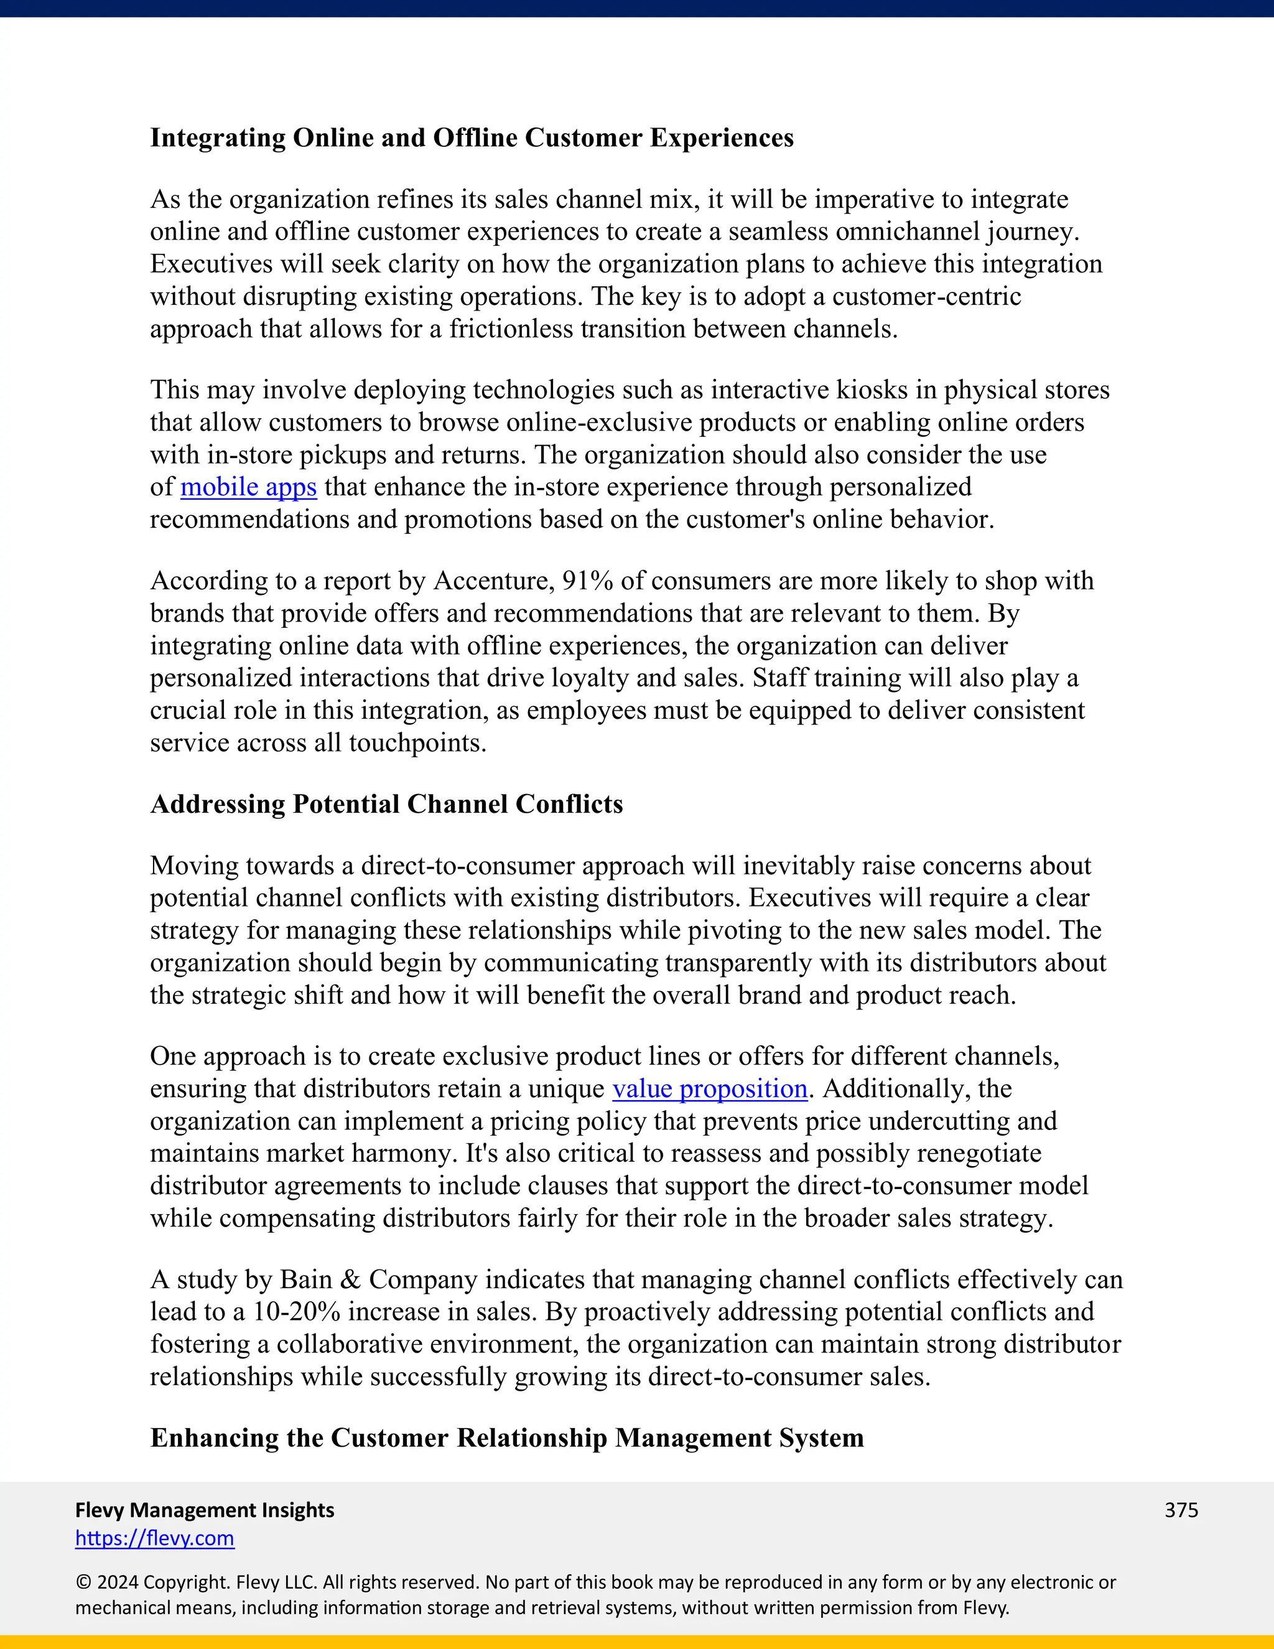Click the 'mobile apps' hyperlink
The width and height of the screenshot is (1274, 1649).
coord(248,487)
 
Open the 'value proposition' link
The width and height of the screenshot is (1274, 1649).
coord(709,1089)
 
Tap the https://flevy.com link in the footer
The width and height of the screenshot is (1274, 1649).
coord(155,1538)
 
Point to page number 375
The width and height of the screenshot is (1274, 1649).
coord(1181,1510)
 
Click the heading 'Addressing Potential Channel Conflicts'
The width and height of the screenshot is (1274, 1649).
coord(386,804)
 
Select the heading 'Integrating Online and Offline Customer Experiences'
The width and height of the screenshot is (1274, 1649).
coord(472,138)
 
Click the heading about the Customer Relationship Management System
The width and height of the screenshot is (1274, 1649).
coord(507,1437)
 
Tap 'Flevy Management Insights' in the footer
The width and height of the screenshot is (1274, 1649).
coord(205,1510)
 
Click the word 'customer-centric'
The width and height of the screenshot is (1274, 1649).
coord(926,296)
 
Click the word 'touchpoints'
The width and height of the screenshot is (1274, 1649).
coord(417,743)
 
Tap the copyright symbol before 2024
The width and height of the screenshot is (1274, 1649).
coord(84,1582)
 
